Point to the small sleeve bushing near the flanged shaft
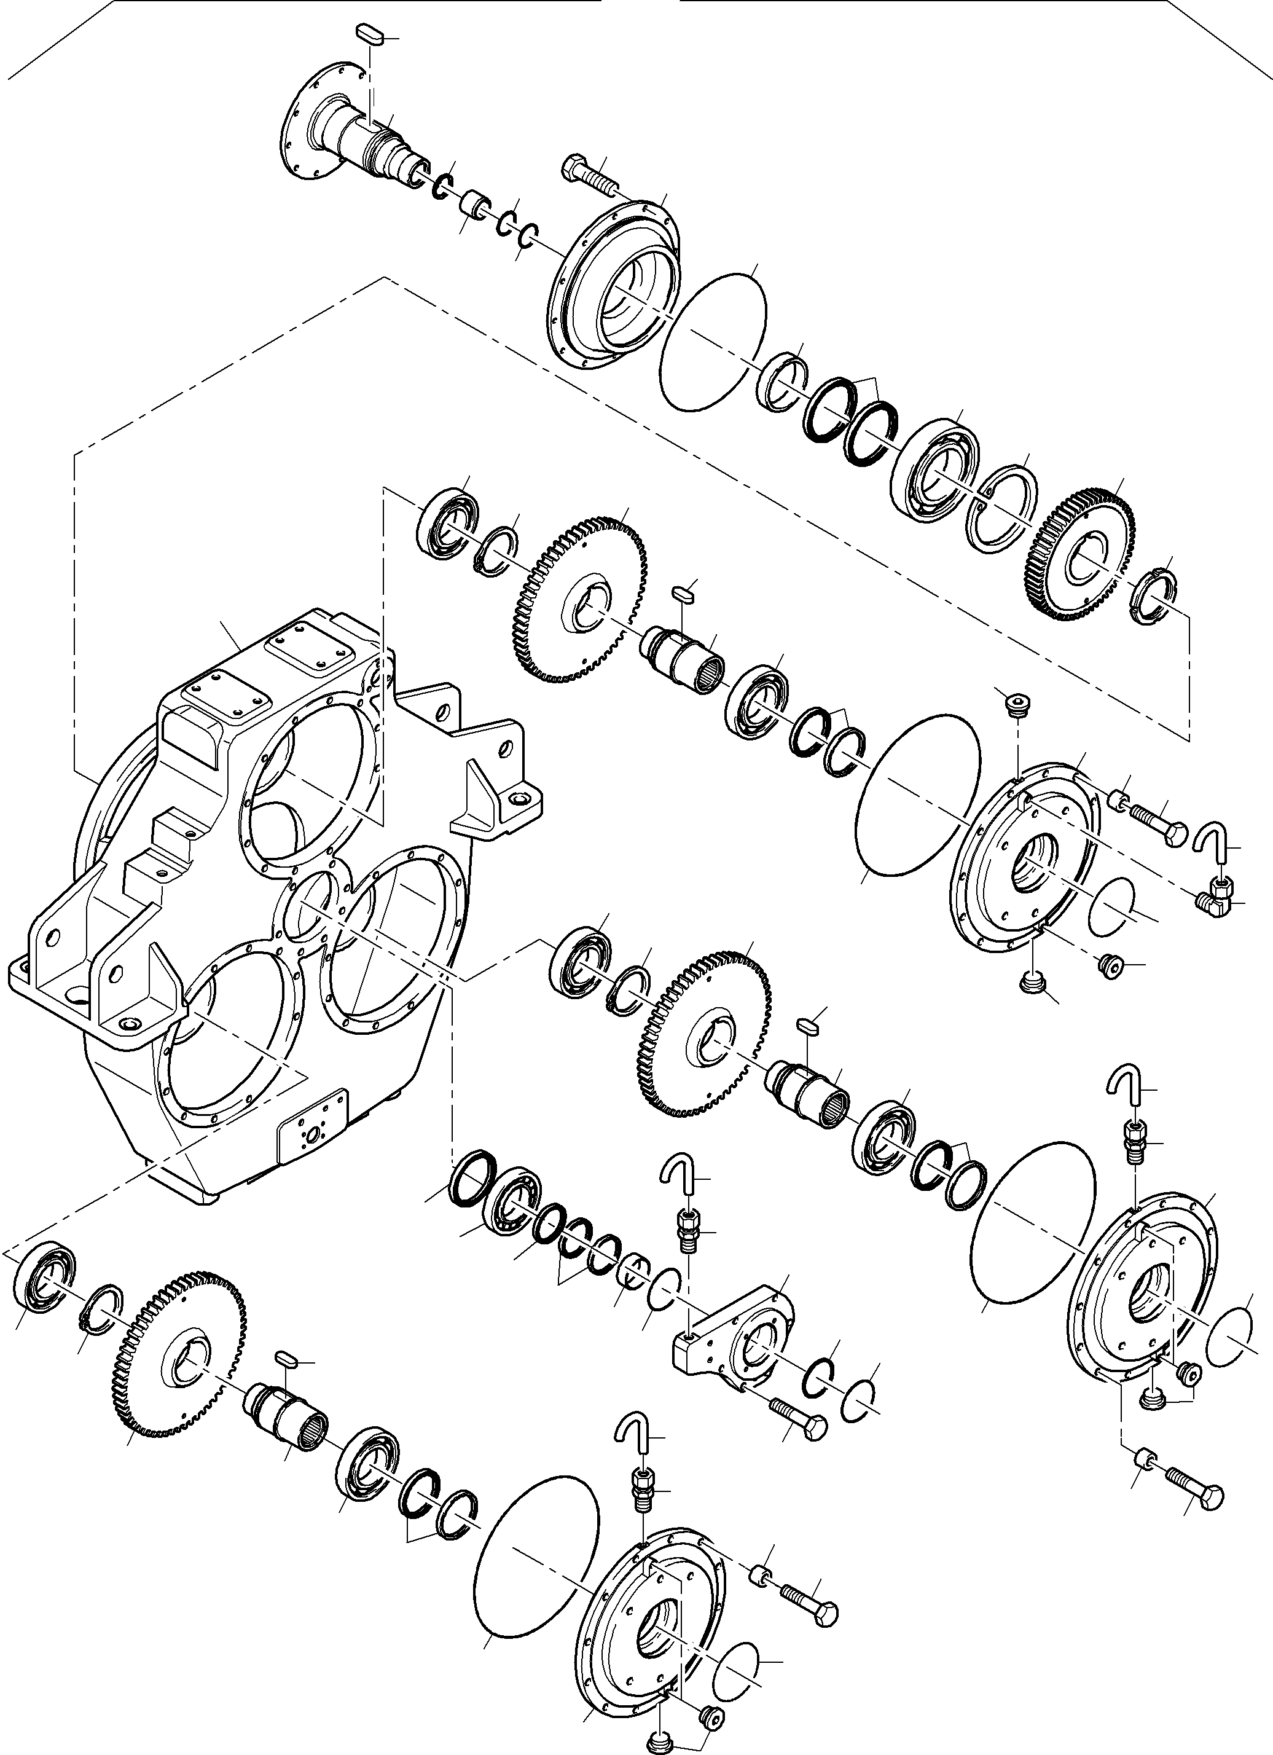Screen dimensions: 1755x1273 [x=474, y=206]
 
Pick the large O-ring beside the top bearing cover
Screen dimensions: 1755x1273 [x=713, y=340]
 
